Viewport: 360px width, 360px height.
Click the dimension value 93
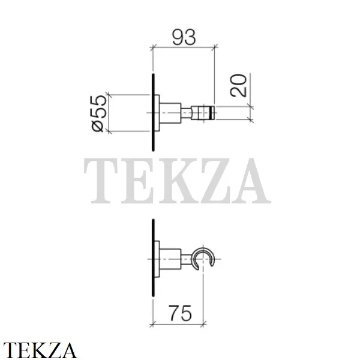(184, 37)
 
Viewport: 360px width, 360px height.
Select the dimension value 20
(239, 85)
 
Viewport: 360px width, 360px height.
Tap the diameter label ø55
(100, 113)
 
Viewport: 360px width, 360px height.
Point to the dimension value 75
(180, 313)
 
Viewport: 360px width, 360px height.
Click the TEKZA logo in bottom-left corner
(40, 350)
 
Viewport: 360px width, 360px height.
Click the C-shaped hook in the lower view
(203, 257)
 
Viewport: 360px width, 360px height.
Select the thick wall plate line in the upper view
(153, 112)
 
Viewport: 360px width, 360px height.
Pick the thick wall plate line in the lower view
(153, 257)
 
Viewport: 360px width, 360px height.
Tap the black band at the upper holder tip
(212, 113)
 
